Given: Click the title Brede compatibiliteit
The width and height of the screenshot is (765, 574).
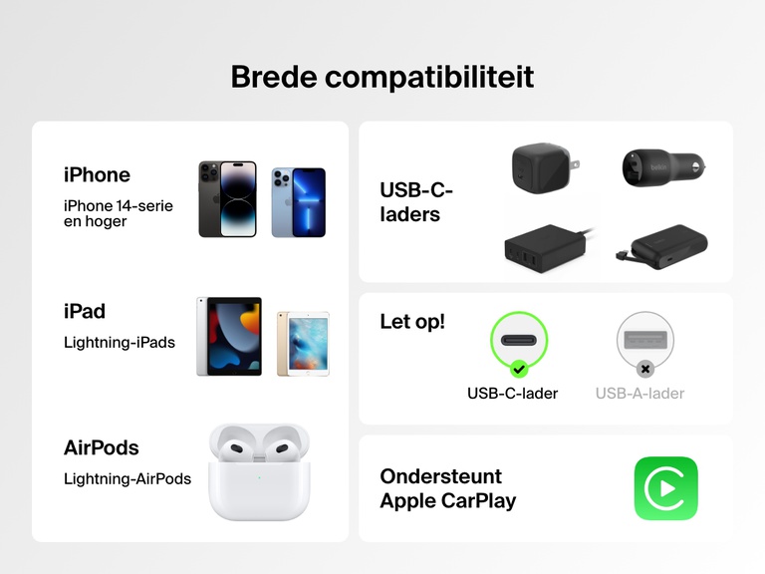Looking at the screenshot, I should coord(382,77).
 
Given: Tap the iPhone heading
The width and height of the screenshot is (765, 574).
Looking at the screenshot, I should coord(97,174).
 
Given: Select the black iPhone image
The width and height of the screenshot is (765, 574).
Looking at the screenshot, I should coord(227,199).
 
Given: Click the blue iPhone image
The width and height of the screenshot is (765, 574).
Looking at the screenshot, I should coord(299,201).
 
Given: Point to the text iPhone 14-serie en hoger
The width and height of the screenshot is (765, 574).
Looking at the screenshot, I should coord(118,213).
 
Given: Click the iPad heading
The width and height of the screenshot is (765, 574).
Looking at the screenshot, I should coord(85,311).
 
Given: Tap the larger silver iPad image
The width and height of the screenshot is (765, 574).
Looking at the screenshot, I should coord(229,336).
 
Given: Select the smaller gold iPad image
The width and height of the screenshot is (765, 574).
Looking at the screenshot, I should coord(303,344).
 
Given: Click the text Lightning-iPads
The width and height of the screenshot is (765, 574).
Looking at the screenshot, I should coord(120,343).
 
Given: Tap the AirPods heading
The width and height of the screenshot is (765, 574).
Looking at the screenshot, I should coord(102,447).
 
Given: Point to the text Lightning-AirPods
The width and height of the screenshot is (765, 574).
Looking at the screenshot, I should coord(127,478).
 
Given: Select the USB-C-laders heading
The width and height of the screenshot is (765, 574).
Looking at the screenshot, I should coord(416,202).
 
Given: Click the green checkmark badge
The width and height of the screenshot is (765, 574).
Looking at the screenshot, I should coord(519,369).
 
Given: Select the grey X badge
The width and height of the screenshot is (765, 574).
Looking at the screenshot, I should coord(644,369).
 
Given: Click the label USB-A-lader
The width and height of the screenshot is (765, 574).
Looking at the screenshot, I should coord(639,394).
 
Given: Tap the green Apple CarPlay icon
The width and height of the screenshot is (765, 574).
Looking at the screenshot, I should coord(665,488).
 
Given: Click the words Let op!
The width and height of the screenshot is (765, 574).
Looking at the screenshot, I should coord(412,322).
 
